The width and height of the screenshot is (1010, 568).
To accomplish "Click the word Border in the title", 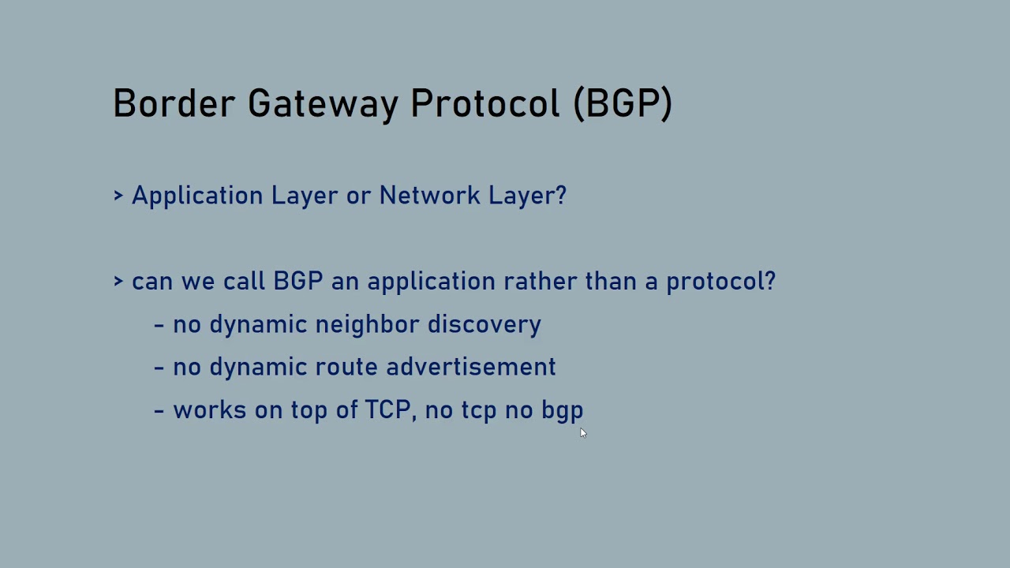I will click(x=174, y=103).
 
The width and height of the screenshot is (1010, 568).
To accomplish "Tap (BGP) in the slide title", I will click(x=623, y=104).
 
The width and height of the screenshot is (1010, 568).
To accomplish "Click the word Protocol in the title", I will click(x=485, y=103).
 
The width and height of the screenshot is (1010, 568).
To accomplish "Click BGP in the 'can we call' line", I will click(x=297, y=282).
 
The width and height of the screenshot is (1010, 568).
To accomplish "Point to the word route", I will click(x=346, y=367).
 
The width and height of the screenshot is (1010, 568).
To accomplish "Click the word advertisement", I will click(x=470, y=367).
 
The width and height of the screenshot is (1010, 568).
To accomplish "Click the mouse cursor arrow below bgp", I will click(x=583, y=432).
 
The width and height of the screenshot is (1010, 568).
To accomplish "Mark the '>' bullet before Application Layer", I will click(x=118, y=196).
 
